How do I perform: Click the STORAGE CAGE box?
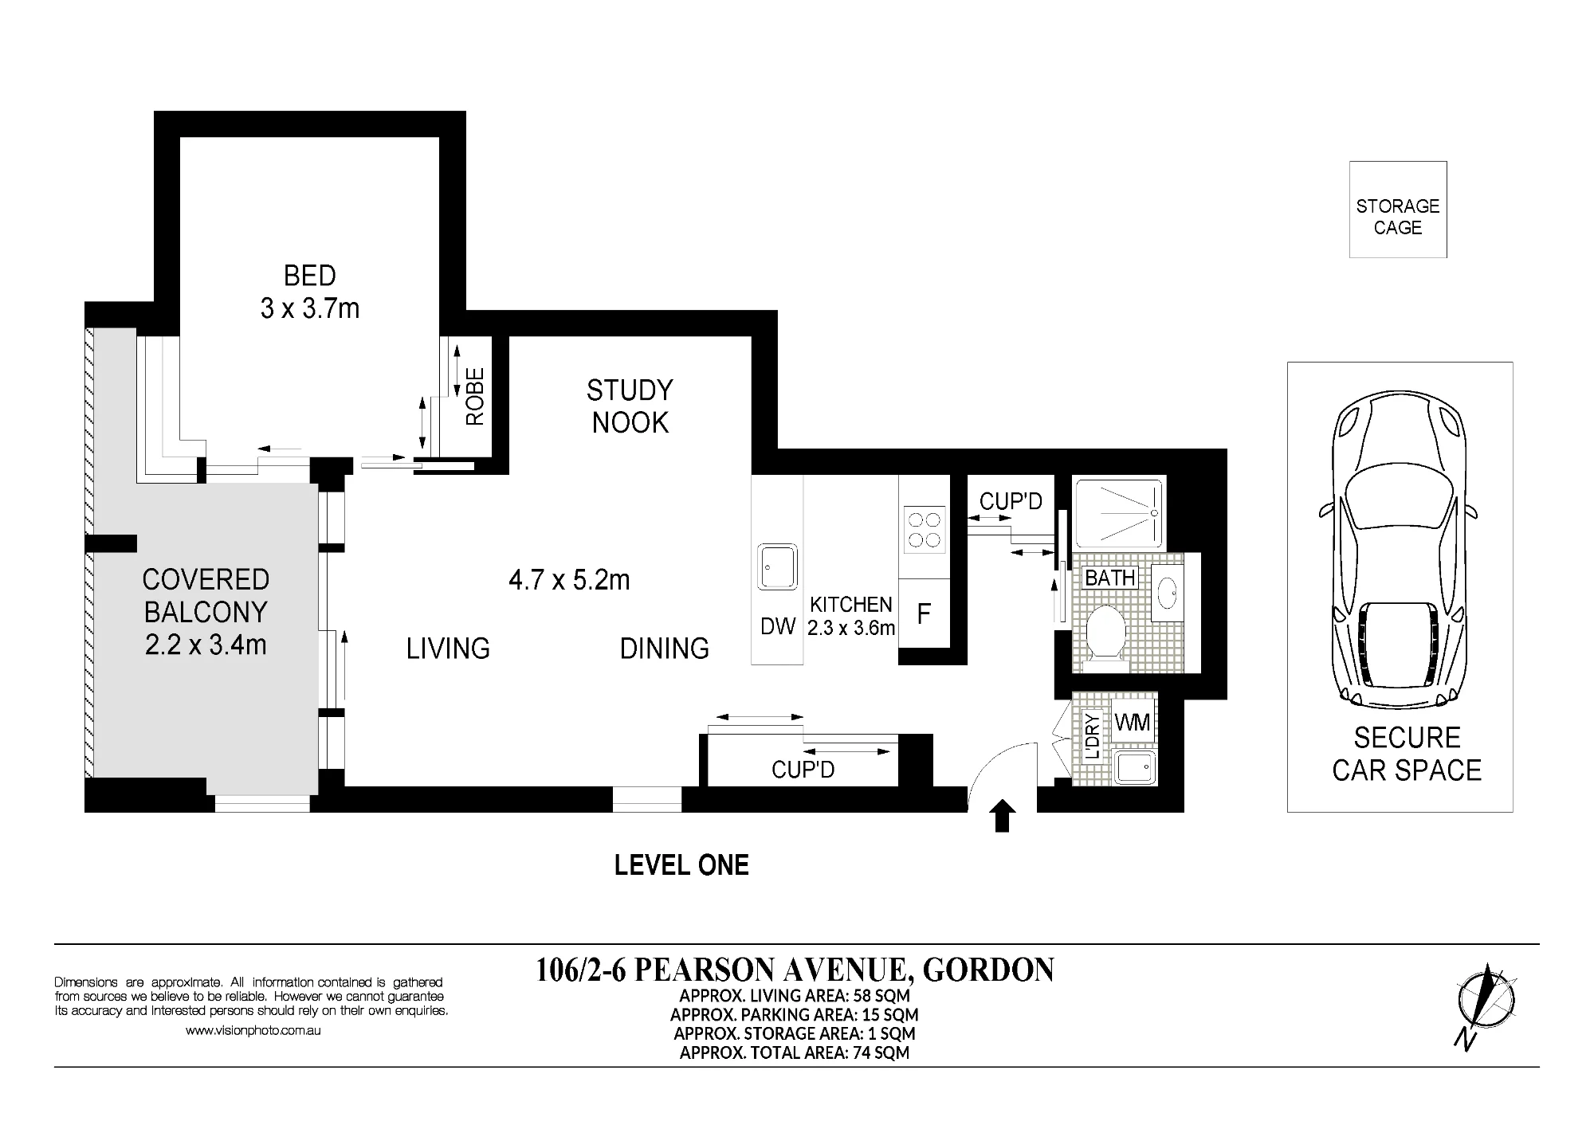1398,210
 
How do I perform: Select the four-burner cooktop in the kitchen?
925,530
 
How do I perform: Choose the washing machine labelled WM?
1133,723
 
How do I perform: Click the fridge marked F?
925,613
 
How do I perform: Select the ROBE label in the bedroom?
475,396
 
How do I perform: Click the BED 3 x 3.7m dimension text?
310,292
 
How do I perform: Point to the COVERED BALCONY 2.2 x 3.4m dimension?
206,612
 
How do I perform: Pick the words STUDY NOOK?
630,406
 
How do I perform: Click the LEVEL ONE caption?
681,865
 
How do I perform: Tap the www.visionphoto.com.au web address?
253,1030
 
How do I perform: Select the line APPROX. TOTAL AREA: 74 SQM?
795,1052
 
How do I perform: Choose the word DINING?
665,649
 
